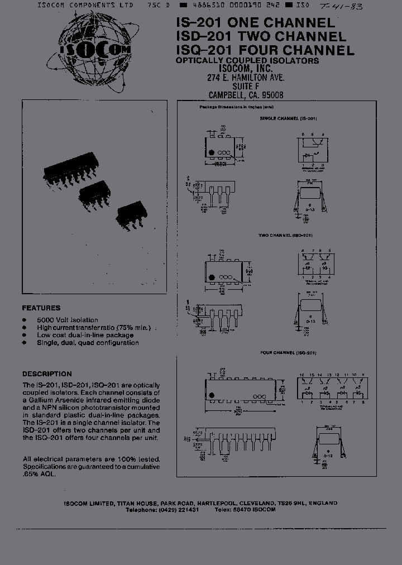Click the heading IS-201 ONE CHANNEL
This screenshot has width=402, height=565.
tap(256, 23)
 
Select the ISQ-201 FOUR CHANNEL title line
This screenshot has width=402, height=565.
tap(265, 50)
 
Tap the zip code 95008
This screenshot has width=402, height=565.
tap(272, 95)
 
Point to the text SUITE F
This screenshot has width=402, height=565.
tap(246, 87)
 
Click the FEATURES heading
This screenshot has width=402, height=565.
tap(41, 308)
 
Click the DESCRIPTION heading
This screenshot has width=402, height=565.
tap(47, 374)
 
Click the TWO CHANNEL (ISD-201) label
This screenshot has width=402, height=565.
tap(285, 236)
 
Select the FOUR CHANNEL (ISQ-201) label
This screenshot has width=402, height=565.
tap(288, 353)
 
